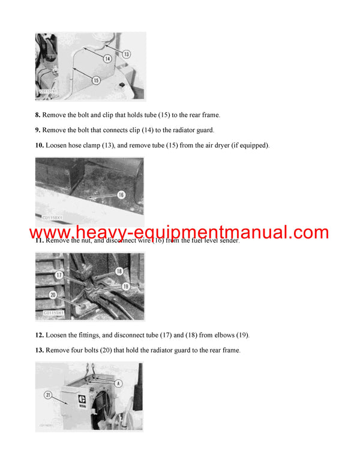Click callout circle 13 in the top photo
pos(126,54)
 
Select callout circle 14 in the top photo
pos(107,59)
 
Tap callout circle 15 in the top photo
pos(96,80)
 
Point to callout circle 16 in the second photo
pos(121,195)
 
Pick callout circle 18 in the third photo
pos(119,271)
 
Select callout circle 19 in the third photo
pos(125,286)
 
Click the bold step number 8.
pos(37,114)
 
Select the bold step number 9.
pos(37,130)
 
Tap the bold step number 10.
pos(39,145)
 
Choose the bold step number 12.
pos(39,334)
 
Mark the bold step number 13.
pos(39,350)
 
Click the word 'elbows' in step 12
pos(218,334)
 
